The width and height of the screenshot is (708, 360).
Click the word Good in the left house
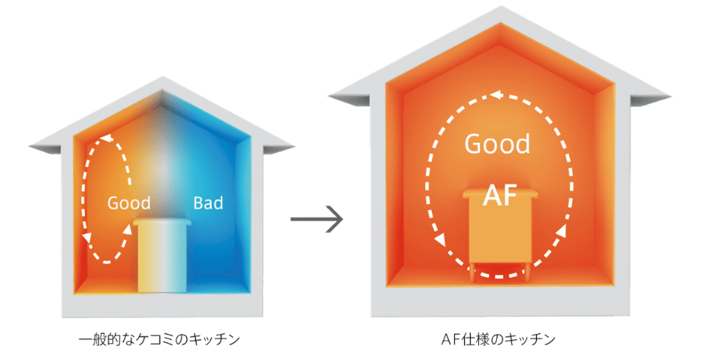pyautogui.click(x=129, y=203)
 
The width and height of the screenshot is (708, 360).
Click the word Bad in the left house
pyautogui.click(x=208, y=203)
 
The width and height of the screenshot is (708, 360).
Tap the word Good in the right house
pyautogui.click(x=497, y=143)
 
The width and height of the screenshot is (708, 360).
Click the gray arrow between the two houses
pyautogui.click(x=316, y=221)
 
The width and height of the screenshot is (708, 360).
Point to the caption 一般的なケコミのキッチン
pyautogui.click(x=159, y=340)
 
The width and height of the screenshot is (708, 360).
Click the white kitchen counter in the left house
pyautogui.click(x=162, y=260)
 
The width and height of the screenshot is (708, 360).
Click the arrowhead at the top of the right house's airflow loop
pyautogui.click(x=495, y=96)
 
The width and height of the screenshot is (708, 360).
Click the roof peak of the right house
pyautogui.click(x=500, y=9)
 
